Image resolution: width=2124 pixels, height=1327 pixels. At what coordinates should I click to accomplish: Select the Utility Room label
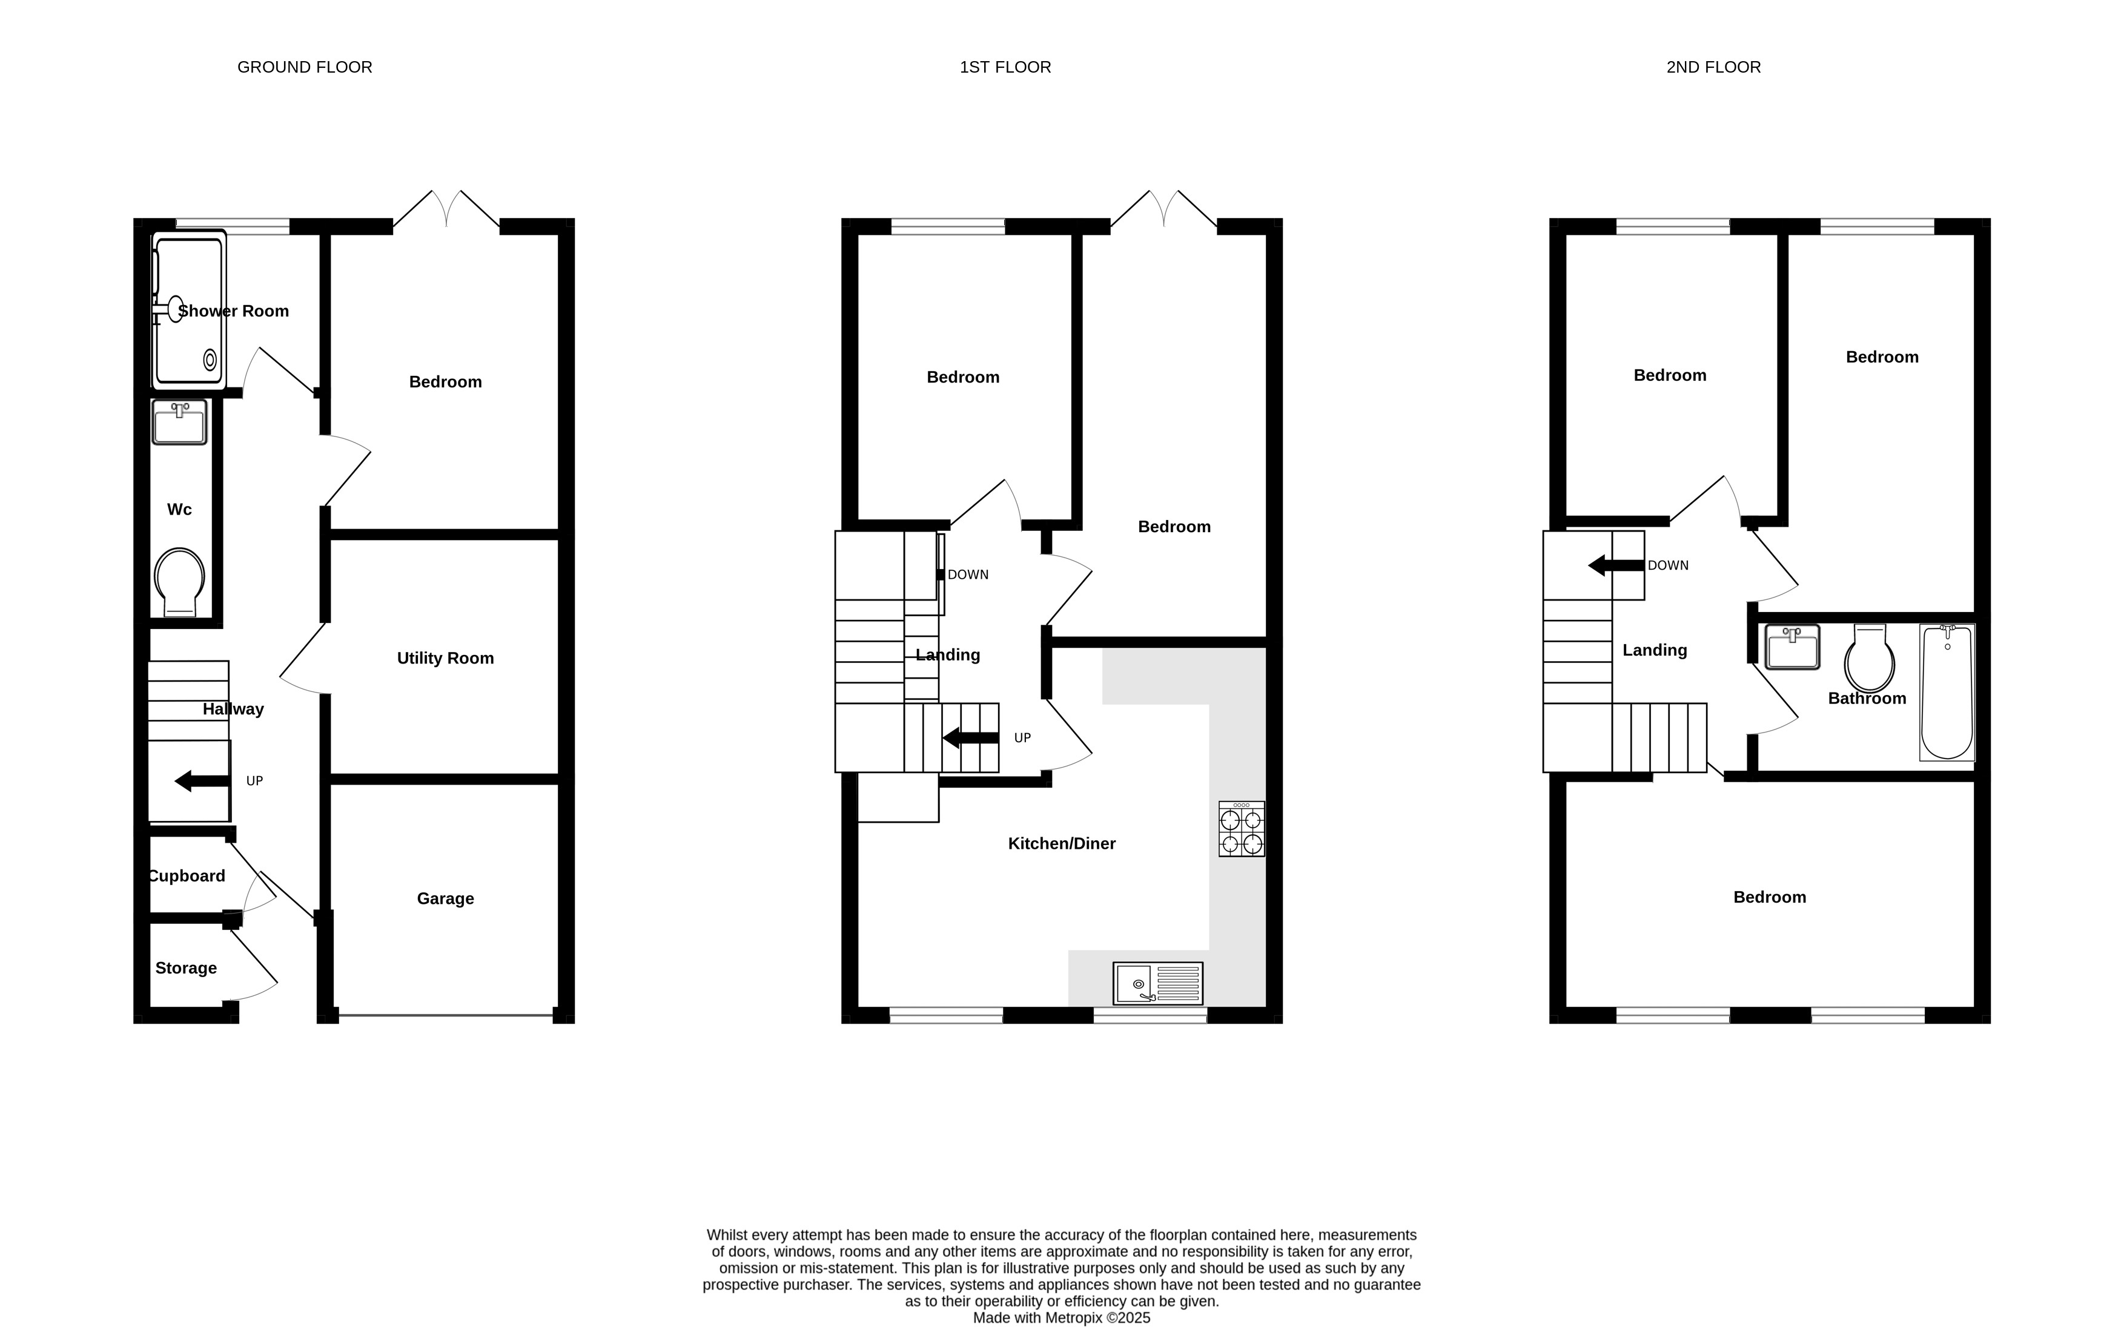(x=445, y=658)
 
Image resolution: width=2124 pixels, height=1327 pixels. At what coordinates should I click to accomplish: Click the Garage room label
(x=445, y=899)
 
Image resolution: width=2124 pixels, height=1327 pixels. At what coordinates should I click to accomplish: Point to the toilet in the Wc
(x=180, y=582)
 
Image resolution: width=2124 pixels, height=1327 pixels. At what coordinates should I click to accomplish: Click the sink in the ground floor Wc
(x=179, y=422)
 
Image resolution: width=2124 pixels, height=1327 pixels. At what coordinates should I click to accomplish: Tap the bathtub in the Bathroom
(x=1947, y=691)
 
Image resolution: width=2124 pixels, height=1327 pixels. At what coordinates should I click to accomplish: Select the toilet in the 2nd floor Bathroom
(x=1870, y=658)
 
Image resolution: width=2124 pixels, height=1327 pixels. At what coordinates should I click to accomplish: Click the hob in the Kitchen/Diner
(x=1242, y=829)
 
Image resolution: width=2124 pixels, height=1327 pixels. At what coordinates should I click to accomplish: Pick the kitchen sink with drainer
(x=1157, y=984)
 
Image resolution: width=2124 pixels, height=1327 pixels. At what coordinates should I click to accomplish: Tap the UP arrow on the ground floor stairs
(x=202, y=781)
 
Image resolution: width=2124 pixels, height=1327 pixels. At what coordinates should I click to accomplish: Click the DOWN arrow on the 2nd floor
(x=1616, y=566)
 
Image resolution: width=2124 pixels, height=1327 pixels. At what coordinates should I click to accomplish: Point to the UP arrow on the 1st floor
(x=970, y=738)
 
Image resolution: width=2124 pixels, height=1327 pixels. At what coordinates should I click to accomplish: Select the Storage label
(x=186, y=968)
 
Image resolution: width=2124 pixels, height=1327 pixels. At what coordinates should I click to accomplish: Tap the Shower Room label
(x=234, y=311)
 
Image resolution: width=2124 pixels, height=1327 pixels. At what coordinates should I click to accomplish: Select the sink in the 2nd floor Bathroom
(x=1792, y=648)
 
